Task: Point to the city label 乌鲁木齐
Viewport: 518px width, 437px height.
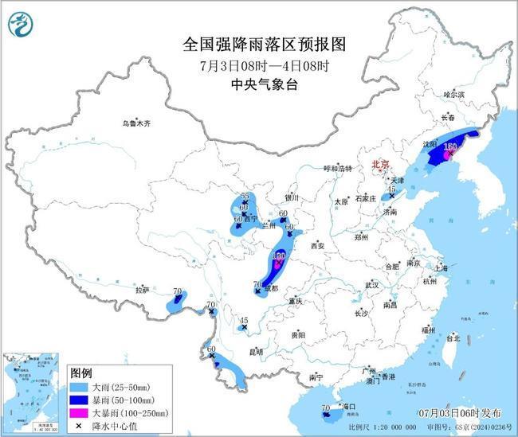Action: tap(136, 123)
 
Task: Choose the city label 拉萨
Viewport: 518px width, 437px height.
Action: tap(142, 291)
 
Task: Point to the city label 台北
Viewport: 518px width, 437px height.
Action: tap(452, 338)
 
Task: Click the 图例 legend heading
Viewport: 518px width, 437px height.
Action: tap(82, 372)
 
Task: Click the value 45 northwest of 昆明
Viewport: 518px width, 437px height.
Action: tap(245, 320)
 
